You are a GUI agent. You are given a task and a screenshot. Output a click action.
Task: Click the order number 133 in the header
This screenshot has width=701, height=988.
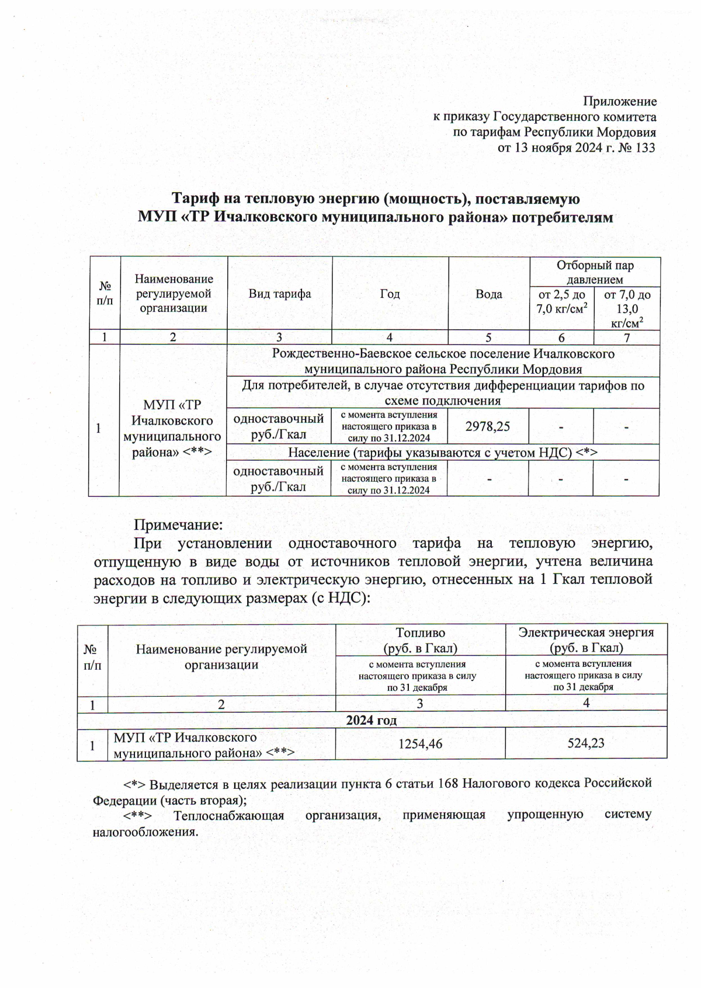tap(644, 148)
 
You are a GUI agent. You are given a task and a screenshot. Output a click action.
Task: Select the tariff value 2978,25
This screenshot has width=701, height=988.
tap(487, 426)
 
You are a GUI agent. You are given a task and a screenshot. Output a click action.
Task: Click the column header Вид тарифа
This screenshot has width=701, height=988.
tap(280, 294)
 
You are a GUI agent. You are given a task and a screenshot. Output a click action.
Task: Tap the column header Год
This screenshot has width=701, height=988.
tap(390, 294)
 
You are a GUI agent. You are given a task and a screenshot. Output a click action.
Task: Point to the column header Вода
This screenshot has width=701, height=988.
tap(488, 294)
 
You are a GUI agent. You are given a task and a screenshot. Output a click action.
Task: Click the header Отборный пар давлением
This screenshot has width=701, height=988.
tap(595, 272)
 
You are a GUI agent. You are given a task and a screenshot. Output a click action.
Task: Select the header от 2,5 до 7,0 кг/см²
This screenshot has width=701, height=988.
tap(561, 301)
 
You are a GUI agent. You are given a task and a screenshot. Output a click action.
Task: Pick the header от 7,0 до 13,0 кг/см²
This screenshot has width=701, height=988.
tap(627, 308)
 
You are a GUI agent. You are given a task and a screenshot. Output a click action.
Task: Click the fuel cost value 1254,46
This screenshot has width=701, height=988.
tap(420, 743)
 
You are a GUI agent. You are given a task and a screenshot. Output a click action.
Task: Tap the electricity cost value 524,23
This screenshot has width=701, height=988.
tap(586, 743)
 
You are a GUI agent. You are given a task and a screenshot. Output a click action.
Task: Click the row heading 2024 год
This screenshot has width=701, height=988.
tap(372, 720)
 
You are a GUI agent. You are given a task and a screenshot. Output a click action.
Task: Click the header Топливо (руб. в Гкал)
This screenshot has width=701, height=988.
tap(420, 640)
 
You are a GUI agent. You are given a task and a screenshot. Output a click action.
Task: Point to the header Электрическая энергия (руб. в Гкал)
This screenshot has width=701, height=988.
tap(586, 639)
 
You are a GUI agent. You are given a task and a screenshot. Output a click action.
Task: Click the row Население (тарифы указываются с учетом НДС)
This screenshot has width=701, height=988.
tap(442, 453)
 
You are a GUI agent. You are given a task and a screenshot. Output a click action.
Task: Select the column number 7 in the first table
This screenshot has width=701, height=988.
tap(627, 338)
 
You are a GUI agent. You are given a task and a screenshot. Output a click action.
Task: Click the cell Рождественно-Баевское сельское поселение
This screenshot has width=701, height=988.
tap(443, 361)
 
